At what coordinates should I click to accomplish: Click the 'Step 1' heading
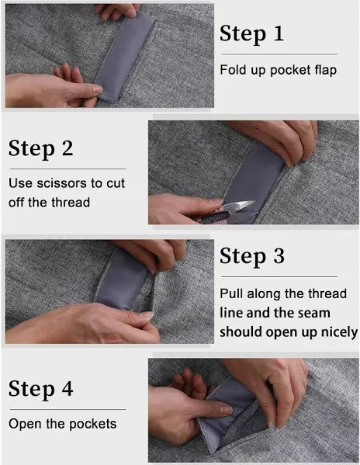252,34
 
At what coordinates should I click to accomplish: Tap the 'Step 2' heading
40,149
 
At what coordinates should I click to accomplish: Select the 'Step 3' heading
252,256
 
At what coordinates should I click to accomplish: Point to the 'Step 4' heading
40,389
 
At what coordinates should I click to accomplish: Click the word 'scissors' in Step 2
61,183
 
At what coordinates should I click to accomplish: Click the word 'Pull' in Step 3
231,294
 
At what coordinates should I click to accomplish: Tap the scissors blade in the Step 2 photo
237,205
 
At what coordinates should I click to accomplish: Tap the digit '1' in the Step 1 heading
279,33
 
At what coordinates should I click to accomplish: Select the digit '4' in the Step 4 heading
67,388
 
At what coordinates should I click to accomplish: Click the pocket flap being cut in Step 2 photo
255,178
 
